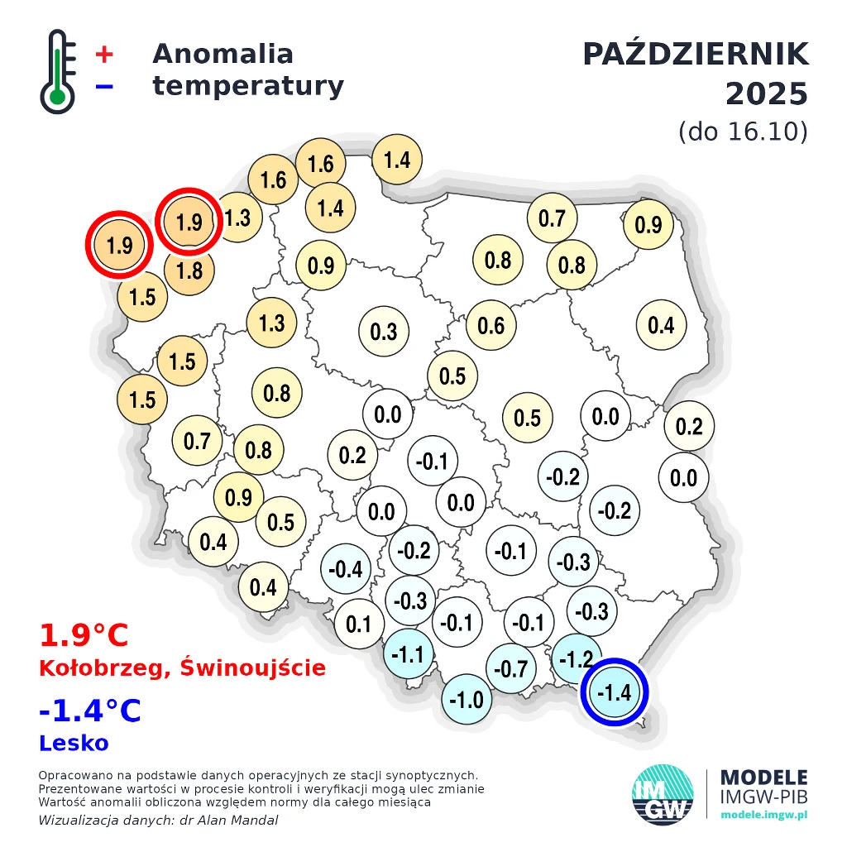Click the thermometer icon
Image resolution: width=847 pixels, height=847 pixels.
coord(57,71)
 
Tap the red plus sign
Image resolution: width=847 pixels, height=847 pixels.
coord(104,55)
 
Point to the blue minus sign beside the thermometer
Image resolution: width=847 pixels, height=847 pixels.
coord(104,86)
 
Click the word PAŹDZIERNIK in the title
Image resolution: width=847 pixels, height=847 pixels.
coord(695,55)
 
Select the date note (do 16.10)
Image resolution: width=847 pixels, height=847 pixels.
coord(742,132)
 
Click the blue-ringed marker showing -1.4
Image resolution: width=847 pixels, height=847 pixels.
coord(614,692)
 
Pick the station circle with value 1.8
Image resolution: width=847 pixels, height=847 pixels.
coord(189,270)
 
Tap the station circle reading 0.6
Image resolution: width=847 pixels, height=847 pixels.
coord(490,325)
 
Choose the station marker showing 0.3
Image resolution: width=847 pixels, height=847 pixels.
coord(384,332)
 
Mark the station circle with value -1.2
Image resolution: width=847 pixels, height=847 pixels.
coord(577,659)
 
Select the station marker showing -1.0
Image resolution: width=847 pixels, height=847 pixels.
coord(467,700)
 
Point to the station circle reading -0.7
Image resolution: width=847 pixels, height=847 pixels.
coord(510,668)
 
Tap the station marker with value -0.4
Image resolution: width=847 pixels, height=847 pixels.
coord(346,569)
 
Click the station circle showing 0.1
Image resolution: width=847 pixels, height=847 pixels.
coord(359,623)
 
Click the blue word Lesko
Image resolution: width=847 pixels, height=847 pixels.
coord(74,743)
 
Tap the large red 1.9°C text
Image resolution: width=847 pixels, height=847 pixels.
coord(84,636)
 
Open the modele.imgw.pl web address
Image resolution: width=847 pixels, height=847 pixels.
coord(763,816)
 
